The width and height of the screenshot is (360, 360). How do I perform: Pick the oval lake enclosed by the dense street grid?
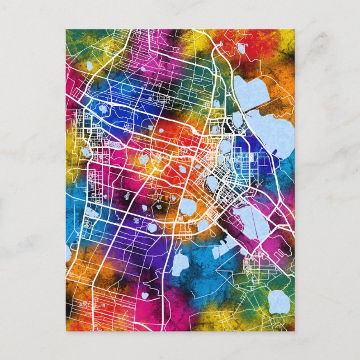click(x=212, y=182)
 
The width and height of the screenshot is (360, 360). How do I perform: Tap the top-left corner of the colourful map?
click(x=66, y=30)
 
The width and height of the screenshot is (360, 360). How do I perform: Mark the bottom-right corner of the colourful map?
click(x=294, y=330)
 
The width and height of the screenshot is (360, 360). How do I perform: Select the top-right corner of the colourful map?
click(x=294, y=30)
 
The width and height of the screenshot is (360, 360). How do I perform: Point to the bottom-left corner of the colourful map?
click(x=66, y=330)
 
